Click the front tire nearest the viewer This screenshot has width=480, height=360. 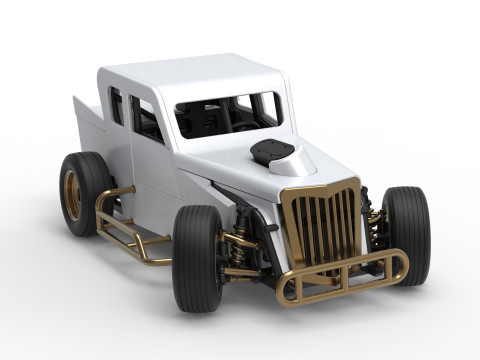[x=196, y=257]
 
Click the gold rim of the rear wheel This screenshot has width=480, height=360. [x=72, y=195]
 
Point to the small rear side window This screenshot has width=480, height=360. [x=116, y=106]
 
